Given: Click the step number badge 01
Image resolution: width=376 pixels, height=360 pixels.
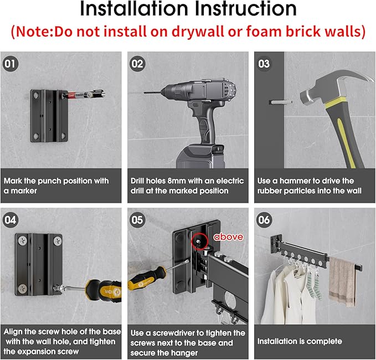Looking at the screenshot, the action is click(11, 64).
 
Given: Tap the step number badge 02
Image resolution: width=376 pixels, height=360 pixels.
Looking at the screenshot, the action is click(137, 64).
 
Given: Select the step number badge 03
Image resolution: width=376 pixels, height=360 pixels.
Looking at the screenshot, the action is click(264, 64).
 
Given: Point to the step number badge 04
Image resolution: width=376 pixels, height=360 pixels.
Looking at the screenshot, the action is click(11, 220).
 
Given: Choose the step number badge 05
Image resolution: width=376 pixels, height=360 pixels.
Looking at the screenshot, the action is click(137, 220).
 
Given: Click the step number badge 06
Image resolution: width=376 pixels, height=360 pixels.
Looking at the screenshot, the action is click(264, 220).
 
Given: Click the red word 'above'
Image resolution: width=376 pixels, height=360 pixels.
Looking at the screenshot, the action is click(228, 237).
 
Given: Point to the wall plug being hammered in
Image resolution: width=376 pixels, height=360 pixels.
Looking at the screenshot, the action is click(281, 102).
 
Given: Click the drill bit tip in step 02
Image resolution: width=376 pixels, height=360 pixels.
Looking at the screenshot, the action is click(145, 92).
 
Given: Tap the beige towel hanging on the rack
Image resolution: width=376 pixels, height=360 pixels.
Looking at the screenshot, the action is click(342, 281).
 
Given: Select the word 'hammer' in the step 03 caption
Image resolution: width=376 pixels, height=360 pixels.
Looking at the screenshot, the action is click(295, 181).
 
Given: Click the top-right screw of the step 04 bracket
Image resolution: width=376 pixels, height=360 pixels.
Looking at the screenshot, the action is click(57, 240).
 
